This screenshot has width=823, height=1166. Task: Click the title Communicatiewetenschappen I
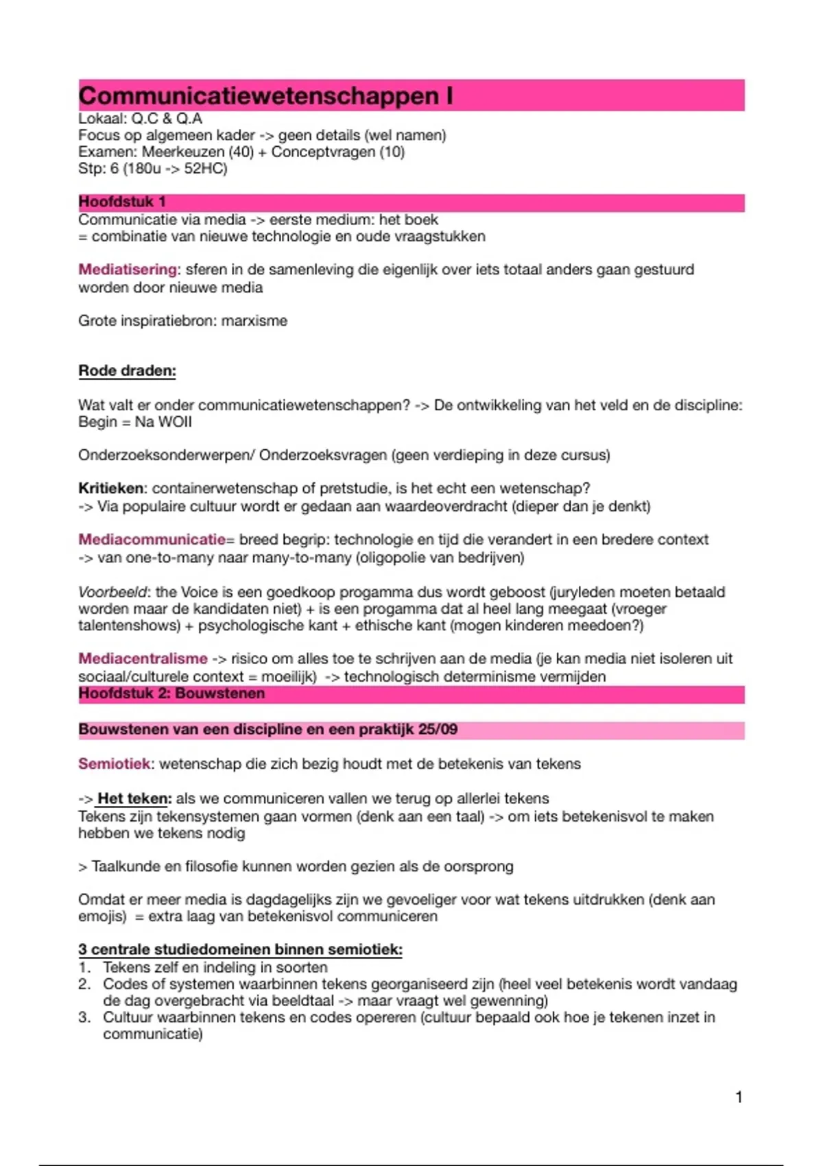click(x=265, y=96)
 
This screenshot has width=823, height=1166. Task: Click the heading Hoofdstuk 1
click(x=122, y=202)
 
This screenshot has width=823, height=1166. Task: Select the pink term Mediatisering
click(x=128, y=270)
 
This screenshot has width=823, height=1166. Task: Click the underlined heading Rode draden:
click(x=127, y=371)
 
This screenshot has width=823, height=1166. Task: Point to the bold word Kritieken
click(x=111, y=489)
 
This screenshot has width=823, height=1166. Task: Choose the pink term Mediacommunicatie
click(x=152, y=540)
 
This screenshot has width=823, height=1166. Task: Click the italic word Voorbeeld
click(x=112, y=592)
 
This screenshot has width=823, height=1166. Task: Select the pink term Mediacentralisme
click(x=143, y=659)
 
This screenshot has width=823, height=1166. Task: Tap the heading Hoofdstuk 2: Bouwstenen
click(x=171, y=693)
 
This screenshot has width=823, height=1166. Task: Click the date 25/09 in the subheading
click(x=438, y=730)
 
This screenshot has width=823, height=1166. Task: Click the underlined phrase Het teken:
click(x=134, y=799)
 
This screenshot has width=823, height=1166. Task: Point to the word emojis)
click(x=102, y=917)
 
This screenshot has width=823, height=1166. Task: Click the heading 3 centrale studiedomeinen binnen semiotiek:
click(x=240, y=950)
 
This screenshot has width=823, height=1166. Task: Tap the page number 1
click(x=739, y=1097)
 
